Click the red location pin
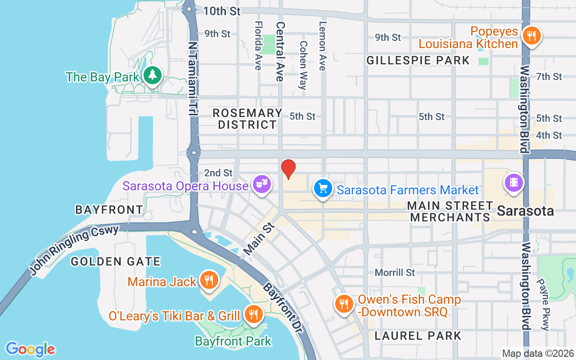click(288, 169)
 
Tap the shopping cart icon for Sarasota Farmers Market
click(323, 189)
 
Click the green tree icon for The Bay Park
click(153, 75)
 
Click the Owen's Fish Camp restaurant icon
click(344, 304)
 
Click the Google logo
click(30, 349)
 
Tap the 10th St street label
click(222, 11)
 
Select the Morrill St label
click(395, 273)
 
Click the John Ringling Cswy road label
click(74, 250)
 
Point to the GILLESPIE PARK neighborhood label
click(418, 60)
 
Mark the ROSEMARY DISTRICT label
click(247, 119)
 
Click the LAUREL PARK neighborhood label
click(418, 336)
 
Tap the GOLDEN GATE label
click(116, 261)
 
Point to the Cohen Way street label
click(303, 65)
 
